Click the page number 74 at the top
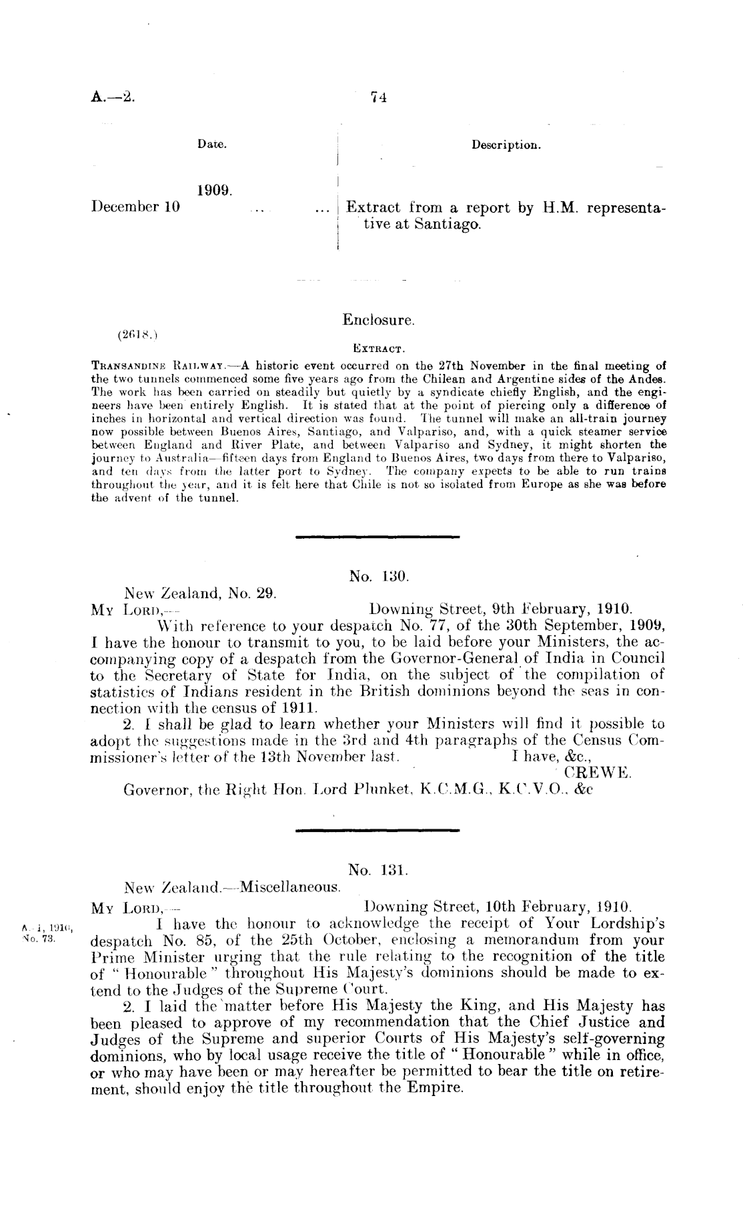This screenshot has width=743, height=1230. pos(379,97)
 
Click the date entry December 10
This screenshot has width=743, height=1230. pos(135,207)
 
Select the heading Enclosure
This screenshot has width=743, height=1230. pos(379,320)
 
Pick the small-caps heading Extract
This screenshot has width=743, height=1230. pos(379,348)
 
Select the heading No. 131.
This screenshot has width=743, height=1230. pos(378,871)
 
